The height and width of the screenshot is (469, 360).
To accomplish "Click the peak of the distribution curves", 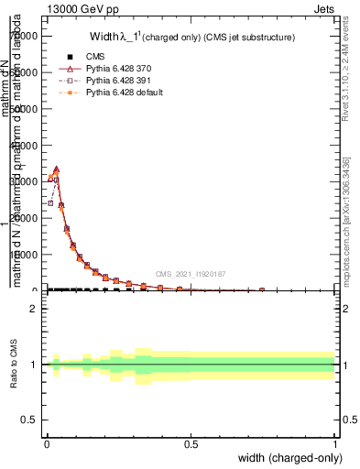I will point(56,169).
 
